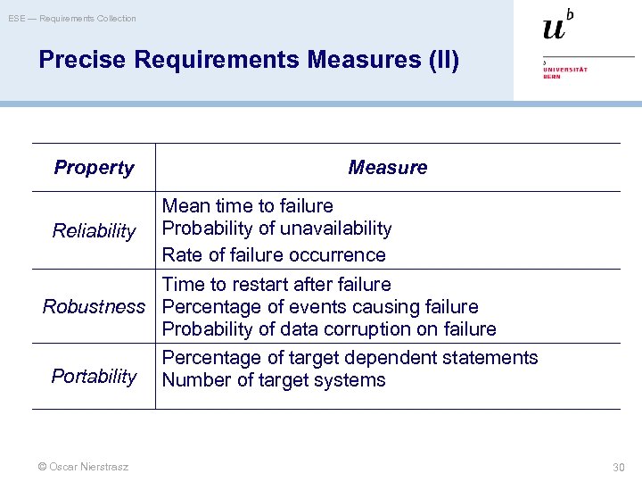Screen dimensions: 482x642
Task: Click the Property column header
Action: (x=94, y=168)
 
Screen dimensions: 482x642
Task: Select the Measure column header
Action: (x=387, y=168)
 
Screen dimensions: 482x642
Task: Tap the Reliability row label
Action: (x=94, y=231)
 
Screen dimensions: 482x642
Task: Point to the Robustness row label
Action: (x=94, y=307)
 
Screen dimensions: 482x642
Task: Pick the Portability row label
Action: (x=94, y=376)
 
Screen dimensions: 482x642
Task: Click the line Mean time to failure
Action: (x=247, y=206)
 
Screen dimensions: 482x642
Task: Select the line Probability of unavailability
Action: (x=276, y=229)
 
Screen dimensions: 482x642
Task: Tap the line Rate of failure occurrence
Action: (x=274, y=255)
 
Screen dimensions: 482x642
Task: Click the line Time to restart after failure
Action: (x=276, y=285)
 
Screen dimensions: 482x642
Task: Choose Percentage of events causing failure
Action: (x=320, y=307)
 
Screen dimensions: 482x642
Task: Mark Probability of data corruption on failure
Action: (x=329, y=329)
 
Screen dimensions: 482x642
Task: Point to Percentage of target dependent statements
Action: (x=350, y=358)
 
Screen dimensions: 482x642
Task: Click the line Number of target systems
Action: (x=274, y=380)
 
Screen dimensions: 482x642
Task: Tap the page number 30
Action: (x=619, y=467)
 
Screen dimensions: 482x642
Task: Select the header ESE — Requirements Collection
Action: (x=72, y=18)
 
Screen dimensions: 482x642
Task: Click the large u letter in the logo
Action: (x=554, y=28)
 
